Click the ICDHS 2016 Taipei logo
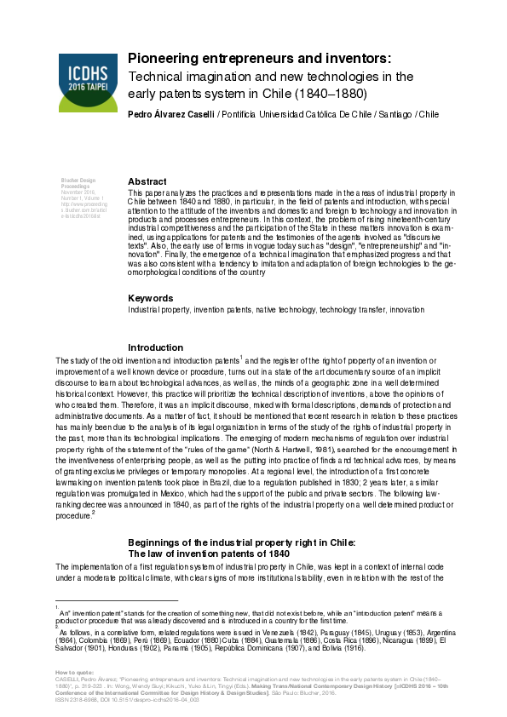click(87, 82)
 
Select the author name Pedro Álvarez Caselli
click(171, 113)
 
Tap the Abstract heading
click(147, 181)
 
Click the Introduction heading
click(155, 347)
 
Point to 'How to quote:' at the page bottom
click(71, 672)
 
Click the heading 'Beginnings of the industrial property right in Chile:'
click(241, 542)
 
